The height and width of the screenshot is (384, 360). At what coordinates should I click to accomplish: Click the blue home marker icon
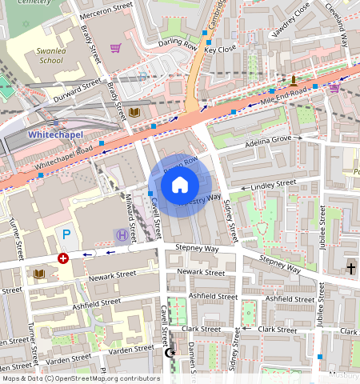click(180, 185)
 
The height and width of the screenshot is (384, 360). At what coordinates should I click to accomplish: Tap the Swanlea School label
click(50, 55)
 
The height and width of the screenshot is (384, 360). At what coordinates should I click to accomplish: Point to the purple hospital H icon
click(121, 234)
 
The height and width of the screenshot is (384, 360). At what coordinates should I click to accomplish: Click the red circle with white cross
click(62, 258)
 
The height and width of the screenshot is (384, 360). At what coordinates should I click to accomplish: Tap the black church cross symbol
click(351, 268)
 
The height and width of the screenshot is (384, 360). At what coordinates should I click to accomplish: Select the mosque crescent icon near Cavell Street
click(169, 352)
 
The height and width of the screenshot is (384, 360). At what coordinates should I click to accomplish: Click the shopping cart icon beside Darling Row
click(115, 48)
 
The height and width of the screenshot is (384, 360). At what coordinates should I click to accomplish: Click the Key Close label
click(220, 50)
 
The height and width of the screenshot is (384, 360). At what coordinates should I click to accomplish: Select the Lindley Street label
click(274, 185)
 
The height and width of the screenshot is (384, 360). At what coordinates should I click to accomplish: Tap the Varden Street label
click(133, 349)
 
